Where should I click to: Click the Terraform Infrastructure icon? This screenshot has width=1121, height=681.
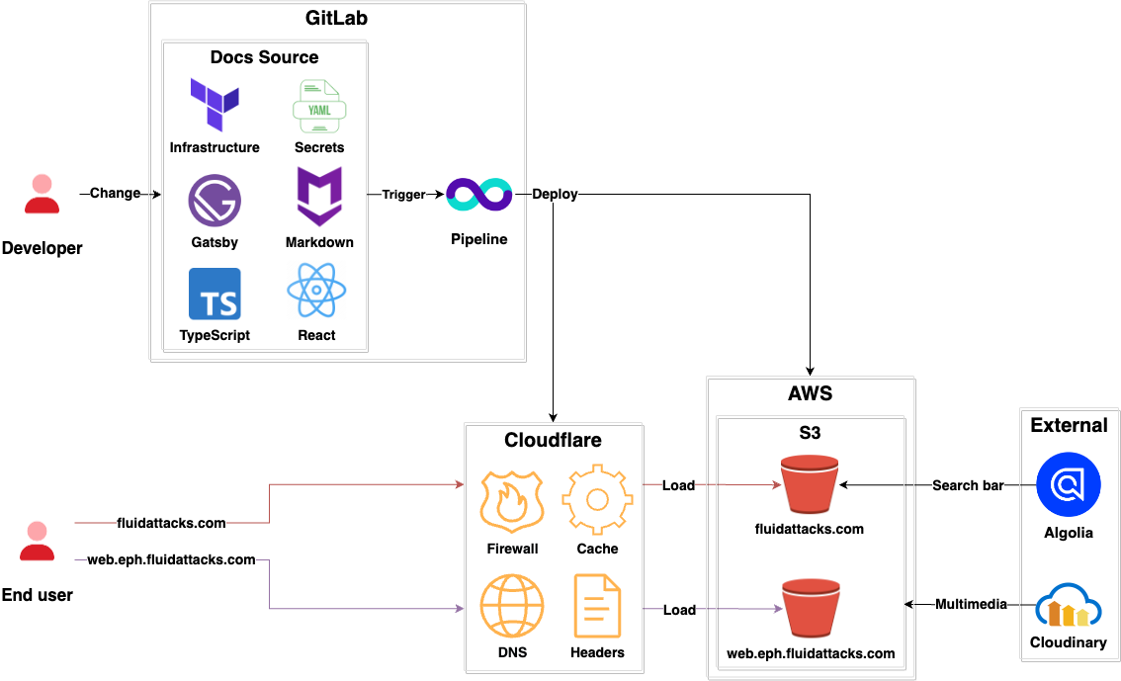215,104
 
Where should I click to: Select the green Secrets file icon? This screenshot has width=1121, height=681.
318,106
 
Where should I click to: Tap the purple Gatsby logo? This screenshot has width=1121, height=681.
215,200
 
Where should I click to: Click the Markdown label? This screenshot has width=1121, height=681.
319,242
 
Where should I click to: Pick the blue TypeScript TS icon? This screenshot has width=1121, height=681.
215,294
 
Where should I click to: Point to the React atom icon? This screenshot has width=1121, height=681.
316,292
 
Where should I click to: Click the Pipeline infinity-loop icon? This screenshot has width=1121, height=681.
479,195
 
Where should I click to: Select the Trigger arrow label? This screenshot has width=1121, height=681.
403,195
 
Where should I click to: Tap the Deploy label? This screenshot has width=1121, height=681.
555,194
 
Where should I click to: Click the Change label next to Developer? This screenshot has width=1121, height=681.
115,193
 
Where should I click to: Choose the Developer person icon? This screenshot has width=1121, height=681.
42,195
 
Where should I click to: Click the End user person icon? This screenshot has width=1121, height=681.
38,541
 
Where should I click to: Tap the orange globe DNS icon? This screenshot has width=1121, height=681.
512,606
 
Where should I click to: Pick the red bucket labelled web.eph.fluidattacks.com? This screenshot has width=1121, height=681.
811,610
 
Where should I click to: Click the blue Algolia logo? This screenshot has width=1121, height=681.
1068,485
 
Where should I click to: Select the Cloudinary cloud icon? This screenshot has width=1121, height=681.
1068,605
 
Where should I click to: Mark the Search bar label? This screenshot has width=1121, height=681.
968,485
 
